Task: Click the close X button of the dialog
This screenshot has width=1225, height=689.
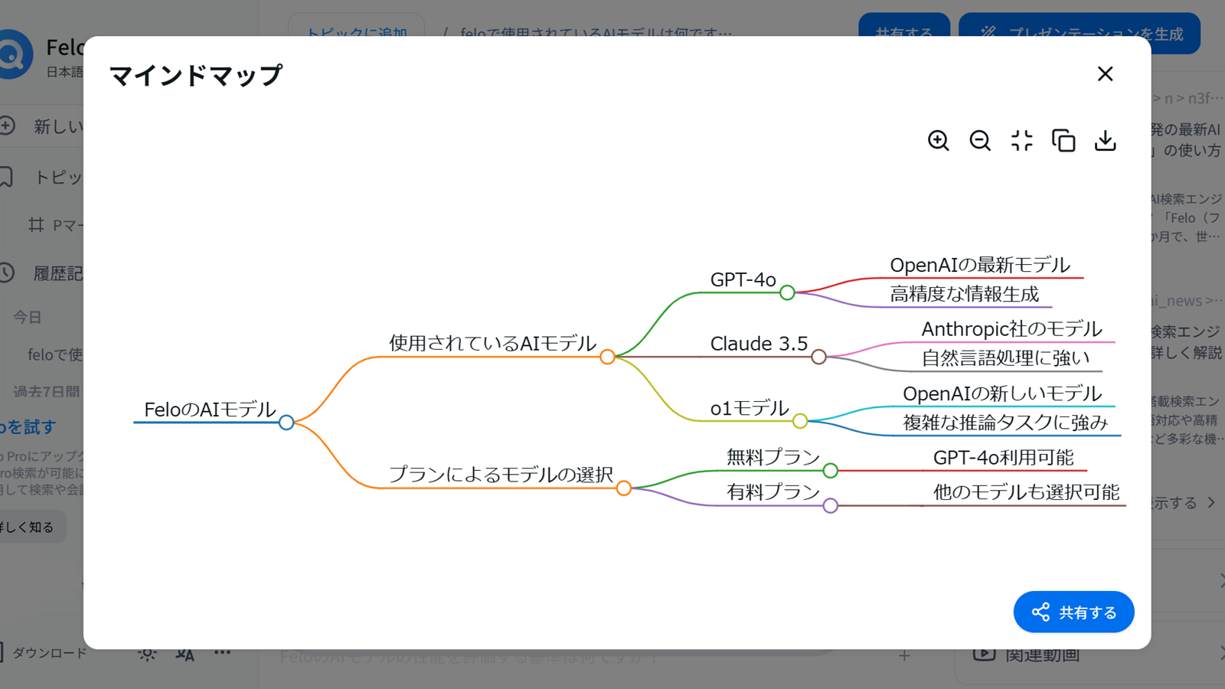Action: (1105, 74)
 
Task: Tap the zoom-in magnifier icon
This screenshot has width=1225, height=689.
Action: (938, 141)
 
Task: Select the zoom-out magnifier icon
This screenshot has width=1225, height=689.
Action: (980, 141)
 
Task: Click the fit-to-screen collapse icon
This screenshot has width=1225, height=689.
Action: (1021, 141)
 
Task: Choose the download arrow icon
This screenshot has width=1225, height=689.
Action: (1105, 141)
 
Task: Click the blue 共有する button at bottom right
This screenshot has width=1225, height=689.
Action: (1073, 612)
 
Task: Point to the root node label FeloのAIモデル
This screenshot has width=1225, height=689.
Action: (210, 410)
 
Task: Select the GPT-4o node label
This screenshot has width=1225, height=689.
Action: (743, 279)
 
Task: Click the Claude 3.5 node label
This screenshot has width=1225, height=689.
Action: (759, 344)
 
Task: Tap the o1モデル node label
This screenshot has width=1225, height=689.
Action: (749, 408)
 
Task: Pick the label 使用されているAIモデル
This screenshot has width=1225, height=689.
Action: (492, 343)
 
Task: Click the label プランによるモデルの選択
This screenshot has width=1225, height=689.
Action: (501, 474)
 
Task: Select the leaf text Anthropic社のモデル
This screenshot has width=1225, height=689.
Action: (1011, 329)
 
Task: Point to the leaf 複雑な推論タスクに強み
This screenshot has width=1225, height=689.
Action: (1005, 423)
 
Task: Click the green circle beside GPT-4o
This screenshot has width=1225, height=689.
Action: (787, 292)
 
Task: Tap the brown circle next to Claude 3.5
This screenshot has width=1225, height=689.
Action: (818, 357)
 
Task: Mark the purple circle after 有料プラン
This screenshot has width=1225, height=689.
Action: (831, 505)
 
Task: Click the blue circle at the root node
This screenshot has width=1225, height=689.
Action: (286, 423)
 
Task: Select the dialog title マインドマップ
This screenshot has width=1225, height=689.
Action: (196, 75)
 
